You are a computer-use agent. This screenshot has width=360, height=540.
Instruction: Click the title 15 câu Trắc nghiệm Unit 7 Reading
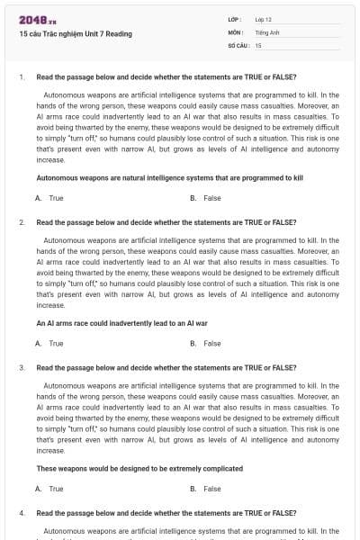[75, 34]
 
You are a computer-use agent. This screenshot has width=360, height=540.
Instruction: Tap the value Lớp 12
[264, 19]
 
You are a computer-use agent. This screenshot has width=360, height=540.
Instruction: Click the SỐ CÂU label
[238, 44]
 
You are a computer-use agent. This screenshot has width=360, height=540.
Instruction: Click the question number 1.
[21, 76]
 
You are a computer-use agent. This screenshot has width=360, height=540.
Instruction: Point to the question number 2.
[21, 222]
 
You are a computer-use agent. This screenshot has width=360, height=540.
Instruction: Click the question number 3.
[21, 368]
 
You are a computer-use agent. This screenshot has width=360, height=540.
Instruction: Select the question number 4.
[21, 513]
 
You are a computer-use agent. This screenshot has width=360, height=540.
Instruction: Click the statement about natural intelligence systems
[169, 178]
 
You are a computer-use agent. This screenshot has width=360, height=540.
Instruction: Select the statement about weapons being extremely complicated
[139, 469]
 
